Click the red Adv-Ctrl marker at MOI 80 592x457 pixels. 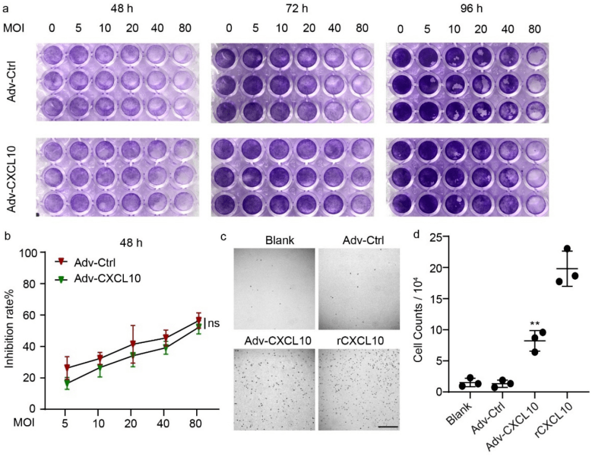pos(198,320)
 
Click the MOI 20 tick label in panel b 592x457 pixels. pos(133,424)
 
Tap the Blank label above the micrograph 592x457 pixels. pos(274,240)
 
